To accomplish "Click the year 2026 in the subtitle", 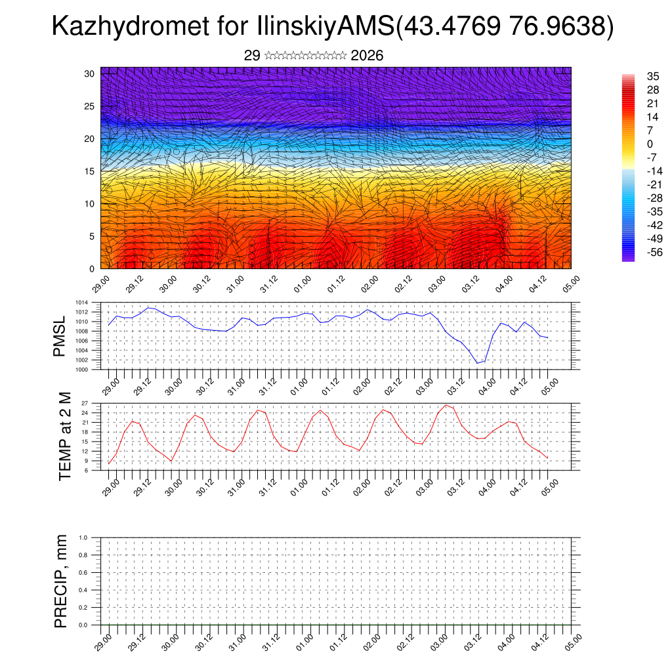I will coord(367,56).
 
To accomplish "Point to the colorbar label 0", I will coord(650,144).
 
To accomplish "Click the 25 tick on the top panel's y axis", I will coord(91,106).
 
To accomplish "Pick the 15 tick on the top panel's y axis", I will coord(91,171).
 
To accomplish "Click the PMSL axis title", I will coord(60,337).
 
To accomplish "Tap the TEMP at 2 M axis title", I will coord(65,436).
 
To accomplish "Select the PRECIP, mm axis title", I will coord(61,581).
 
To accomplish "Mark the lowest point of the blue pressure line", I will coord(478,363).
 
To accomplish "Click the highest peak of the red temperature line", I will coord(446,405).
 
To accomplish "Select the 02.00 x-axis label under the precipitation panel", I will coord(368,641).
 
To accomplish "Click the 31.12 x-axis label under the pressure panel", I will coord(268,385).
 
